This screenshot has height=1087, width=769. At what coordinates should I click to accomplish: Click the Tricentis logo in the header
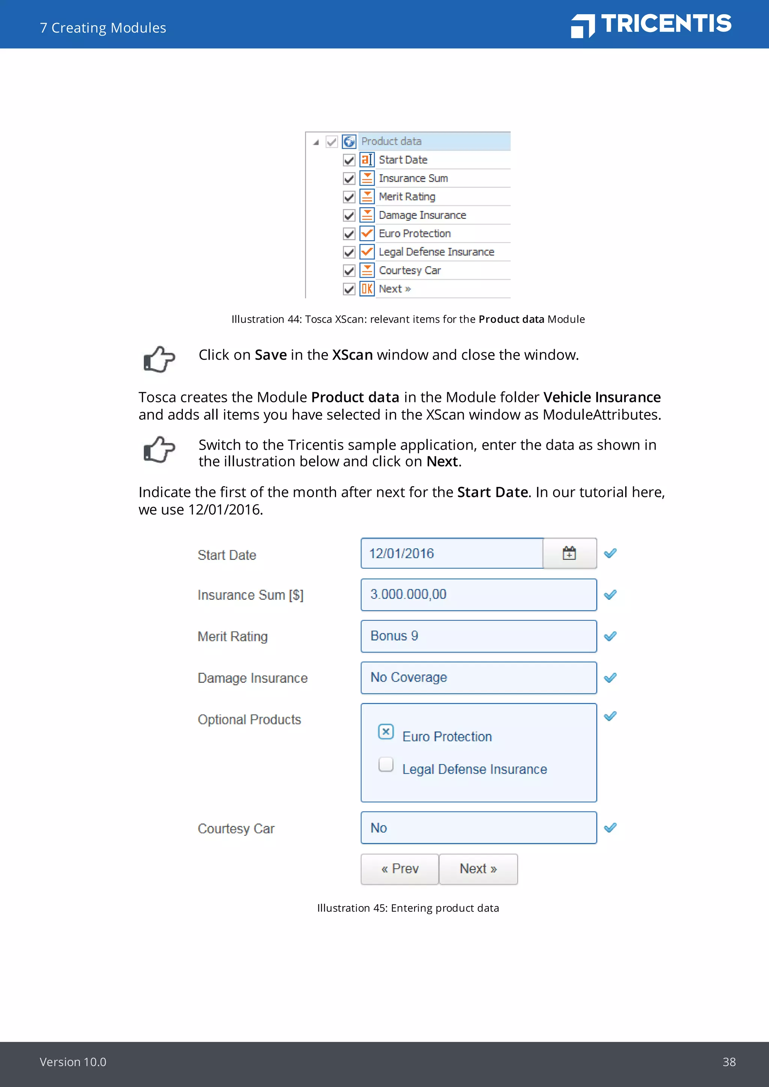(x=651, y=25)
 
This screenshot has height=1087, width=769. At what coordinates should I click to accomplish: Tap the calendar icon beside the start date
(x=569, y=553)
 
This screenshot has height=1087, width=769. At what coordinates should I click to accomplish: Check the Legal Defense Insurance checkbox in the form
(x=386, y=764)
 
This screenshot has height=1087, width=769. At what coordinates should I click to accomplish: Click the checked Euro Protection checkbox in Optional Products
(x=386, y=732)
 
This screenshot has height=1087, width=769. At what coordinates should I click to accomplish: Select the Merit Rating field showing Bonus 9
(x=478, y=636)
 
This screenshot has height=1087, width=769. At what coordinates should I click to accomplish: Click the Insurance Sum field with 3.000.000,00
(x=478, y=595)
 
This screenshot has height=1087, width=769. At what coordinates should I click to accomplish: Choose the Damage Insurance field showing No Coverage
(x=478, y=677)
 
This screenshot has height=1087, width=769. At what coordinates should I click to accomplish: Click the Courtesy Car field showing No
(x=478, y=828)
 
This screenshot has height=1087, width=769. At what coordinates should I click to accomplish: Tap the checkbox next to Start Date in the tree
(x=349, y=160)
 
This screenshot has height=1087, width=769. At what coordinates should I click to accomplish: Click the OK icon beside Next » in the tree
(x=367, y=289)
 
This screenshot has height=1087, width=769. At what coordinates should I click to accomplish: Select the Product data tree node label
(x=391, y=141)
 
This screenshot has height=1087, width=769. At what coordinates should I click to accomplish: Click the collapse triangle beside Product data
(x=316, y=142)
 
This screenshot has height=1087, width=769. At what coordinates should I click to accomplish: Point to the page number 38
(x=729, y=1062)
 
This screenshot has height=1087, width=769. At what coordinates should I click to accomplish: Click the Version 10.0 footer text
(x=73, y=1062)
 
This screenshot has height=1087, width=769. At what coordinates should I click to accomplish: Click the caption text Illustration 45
(x=408, y=908)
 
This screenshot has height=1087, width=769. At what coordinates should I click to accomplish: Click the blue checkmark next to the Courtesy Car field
(x=611, y=828)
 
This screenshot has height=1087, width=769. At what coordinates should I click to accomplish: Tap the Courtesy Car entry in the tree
(x=410, y=270)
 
